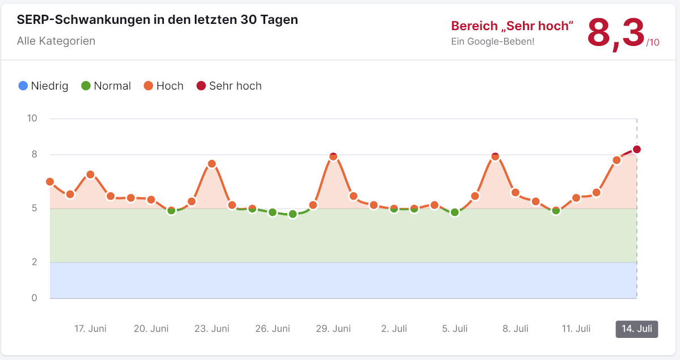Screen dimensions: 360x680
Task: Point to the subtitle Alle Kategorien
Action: click(56, 41)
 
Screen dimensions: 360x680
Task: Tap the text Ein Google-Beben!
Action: click(492, 41)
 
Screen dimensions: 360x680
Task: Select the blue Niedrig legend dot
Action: click(23, 86)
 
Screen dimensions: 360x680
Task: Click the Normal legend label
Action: click(112, 86)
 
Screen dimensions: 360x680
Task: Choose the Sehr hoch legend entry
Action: click(229, 86)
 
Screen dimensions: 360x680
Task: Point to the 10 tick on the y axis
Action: click(32, 118)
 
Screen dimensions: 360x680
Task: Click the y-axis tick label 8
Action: click(33, 154)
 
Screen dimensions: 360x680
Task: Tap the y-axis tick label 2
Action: click(33, 262)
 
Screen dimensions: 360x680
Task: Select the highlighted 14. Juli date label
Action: click(637, 329)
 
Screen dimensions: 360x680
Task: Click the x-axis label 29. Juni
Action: click(333, 329)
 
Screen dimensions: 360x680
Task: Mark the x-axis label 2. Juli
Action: click(394, 329)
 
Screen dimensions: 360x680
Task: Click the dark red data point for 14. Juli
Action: click(637, 149)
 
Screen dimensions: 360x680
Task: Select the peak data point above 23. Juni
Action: click(211, 164)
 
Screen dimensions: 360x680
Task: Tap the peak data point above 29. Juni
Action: click(333, 156)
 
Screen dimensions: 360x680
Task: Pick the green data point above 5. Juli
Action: click(454, 213)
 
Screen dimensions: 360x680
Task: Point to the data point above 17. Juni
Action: click(90, 175)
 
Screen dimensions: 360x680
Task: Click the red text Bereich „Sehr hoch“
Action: click(512, 26)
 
